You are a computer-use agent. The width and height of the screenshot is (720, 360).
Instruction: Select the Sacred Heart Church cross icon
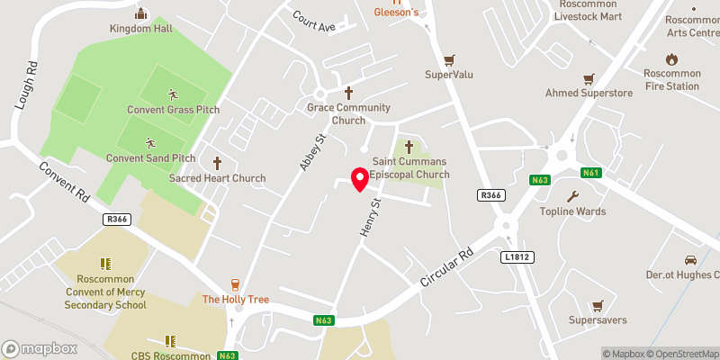click(x=217, y=163)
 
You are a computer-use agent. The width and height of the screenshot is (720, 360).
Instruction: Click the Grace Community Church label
click(x=348, y=114)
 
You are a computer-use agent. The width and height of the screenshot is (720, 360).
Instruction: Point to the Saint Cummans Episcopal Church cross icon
click(x=409, y=147)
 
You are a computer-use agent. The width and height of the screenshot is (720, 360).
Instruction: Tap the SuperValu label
click(x=449, y=74)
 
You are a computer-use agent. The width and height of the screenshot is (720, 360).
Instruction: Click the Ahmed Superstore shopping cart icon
click(x=589, y=77)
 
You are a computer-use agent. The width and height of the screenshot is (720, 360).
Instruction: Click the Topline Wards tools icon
click(x=572, y=196)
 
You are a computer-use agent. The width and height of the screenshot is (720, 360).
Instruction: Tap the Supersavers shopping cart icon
click(x=597, y=305)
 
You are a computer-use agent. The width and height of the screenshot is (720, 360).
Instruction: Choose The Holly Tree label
click(x=235, y=299)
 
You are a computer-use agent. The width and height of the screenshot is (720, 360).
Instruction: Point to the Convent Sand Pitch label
click(x=150, y=158)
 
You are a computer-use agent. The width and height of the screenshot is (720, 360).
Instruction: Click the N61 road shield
click(x=590, y=172)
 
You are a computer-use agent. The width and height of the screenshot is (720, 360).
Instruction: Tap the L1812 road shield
click(x=517, y=256)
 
